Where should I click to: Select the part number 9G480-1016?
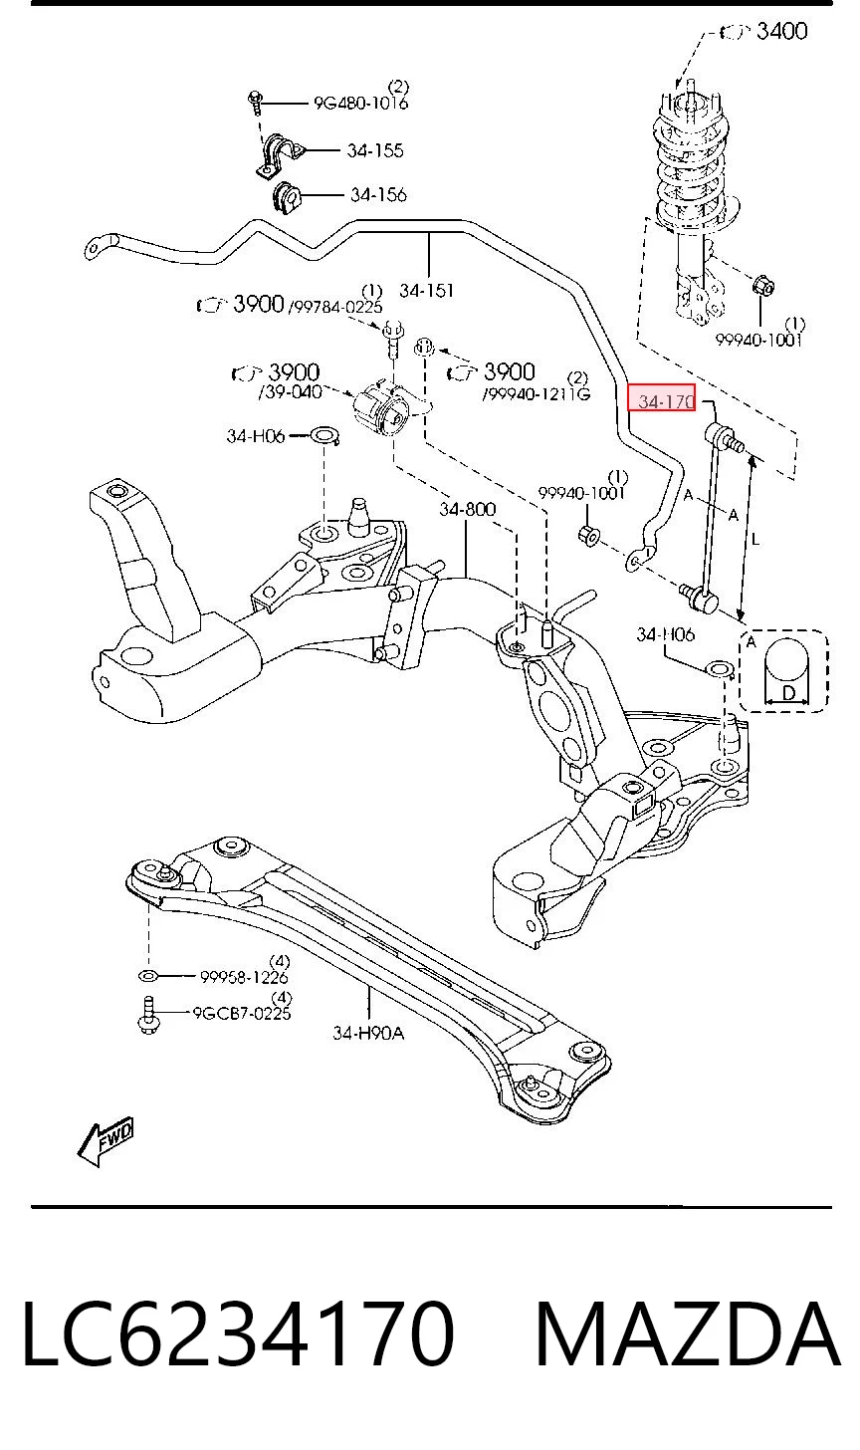coord(360,103)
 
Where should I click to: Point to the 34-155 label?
coord(374,150)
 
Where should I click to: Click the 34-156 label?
coord(378,195)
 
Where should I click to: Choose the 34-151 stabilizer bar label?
coord(427,291)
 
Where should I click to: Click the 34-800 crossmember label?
coord(467,510)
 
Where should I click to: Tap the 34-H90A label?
coord(368,1033)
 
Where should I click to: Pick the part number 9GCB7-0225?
coord(241,1013)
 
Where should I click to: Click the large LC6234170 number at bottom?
coord(238,1334)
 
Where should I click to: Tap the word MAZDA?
coord(687,1334)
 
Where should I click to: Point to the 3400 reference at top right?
coord(781,31)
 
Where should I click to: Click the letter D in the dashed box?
coord(787,693)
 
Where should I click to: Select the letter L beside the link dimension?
coord(755,538)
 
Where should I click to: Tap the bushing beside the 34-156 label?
coord(287,197)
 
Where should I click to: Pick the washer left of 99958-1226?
coord(147,976)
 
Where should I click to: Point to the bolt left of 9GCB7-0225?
coord(147,1015)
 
